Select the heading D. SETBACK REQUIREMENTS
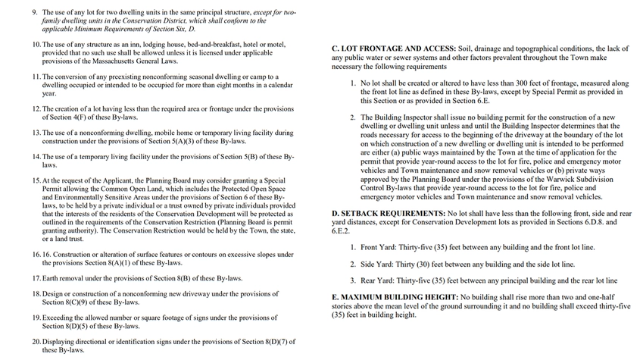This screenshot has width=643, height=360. (389, 214)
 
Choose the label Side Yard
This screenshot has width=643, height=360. (377, 265)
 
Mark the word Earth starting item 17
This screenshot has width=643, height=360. (52, 278)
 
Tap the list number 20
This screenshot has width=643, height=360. (36, 342)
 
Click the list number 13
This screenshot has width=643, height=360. (36, 133)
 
